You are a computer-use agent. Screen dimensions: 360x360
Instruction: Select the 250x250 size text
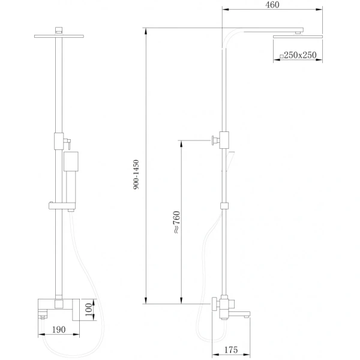coord(300,56)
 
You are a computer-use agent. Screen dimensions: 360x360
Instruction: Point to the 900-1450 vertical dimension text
coord(137,175)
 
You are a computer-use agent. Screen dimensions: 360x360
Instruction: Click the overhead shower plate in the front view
coord(58,35)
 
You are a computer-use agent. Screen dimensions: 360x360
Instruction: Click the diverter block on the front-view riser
coord(58,140)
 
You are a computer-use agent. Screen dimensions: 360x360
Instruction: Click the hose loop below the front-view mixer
coord(66,344)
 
